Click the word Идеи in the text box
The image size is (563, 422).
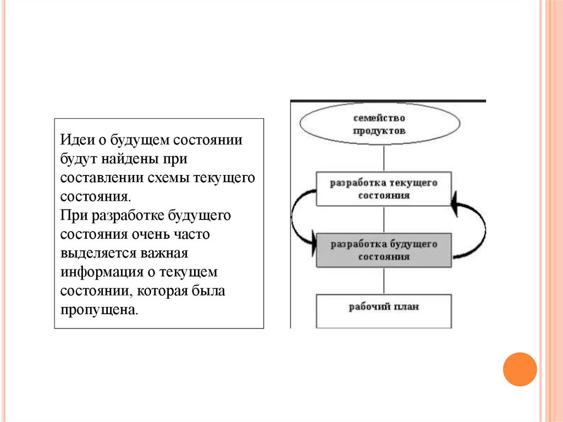pos(76,140)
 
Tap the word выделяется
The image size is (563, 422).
pos(94,254)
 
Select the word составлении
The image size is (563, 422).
pos(102,178)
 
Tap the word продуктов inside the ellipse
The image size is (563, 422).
pos(379,131)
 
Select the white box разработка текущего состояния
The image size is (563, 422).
pos(383,189)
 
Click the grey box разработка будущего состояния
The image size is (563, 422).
pos(383,250)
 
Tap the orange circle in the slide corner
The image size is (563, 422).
pos(519,369)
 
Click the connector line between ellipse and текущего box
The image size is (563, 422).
pos(383,160)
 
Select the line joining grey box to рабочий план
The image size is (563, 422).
pos(383,281)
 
